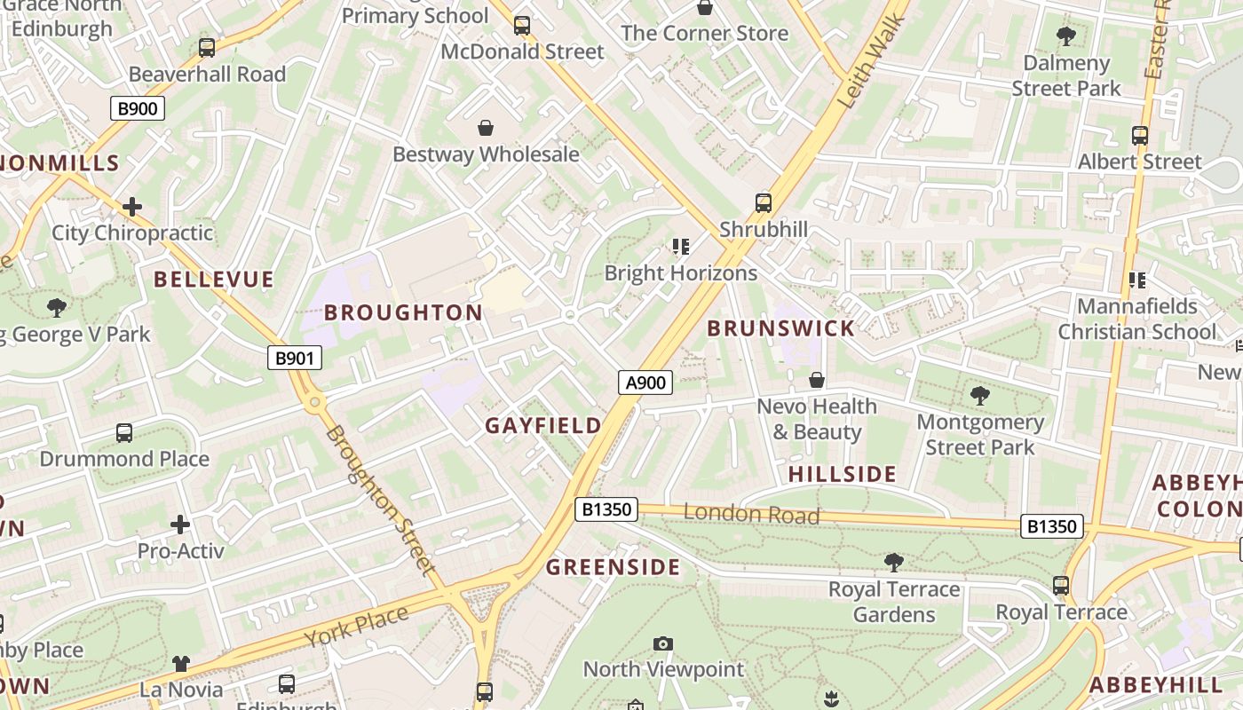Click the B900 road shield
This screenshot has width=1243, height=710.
click(x=138, y=109)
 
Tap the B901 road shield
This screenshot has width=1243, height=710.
click(x=294, y=358)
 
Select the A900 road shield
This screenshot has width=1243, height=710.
click(x=645, y=383)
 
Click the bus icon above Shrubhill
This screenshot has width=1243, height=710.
click(x=764, y=202)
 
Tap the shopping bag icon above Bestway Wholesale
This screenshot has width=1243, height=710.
click(x=486, y=128)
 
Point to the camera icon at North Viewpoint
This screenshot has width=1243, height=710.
click(x=662, y=643)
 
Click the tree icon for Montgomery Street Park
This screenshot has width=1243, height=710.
click(x=980, y=396)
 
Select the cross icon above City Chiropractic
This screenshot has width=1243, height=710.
click(x=132, y=207)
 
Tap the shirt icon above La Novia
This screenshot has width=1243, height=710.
click(x=181, y=663)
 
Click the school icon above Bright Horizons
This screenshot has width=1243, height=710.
click(x=681, y=246)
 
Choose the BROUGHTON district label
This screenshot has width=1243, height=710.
click(x=403, y=312)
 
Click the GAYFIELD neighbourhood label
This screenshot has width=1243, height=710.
click(x=543, y=426)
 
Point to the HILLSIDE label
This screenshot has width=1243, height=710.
click(x=842, y=474)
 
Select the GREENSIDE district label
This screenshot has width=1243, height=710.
click(x=613, y=568)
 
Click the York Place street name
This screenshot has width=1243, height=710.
click(x=356, y=627)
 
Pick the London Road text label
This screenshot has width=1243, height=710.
click(x=751, y=514)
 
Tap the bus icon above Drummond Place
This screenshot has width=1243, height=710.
click(x=124, y=433)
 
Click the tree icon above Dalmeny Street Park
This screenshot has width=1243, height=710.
click(x=1065, y=36)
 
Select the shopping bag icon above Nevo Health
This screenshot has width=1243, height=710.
click(x=817, y=380)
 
